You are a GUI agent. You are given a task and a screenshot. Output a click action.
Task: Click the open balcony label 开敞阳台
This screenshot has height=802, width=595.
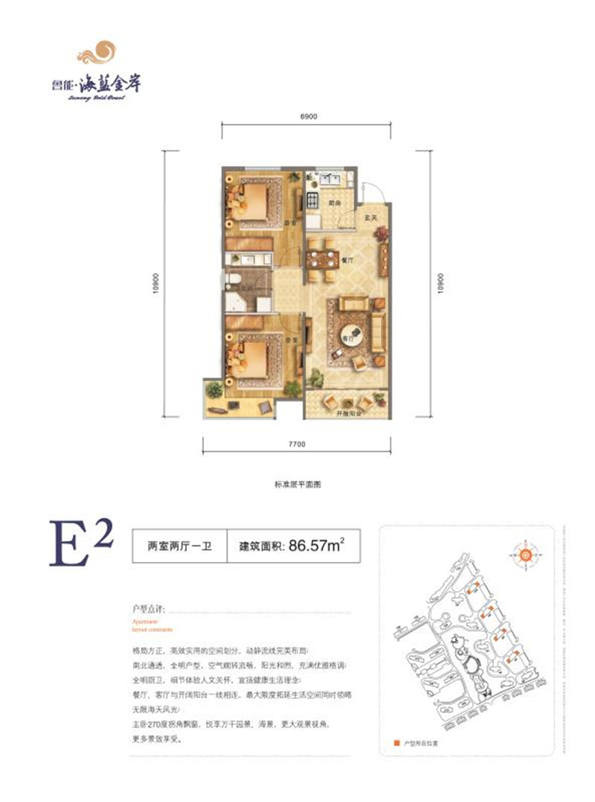pos(347,413)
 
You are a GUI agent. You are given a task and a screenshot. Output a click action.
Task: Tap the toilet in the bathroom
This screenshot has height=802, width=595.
pos(232,279)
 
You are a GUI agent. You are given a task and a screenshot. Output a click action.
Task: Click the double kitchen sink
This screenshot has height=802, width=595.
pos(325,179)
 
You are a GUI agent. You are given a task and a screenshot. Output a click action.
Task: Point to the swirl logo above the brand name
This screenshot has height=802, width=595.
pos(100,54)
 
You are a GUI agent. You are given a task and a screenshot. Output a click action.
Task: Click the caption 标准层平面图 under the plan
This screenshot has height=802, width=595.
pos(297,484)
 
